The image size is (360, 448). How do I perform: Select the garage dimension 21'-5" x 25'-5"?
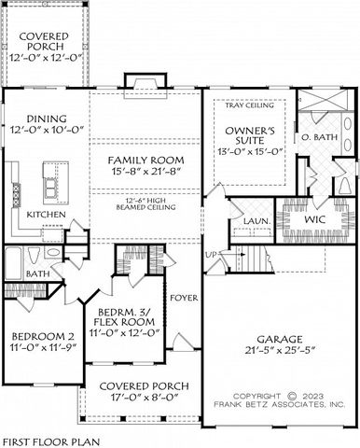[277, 352]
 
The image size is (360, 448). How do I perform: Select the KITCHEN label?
[46, 215]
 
